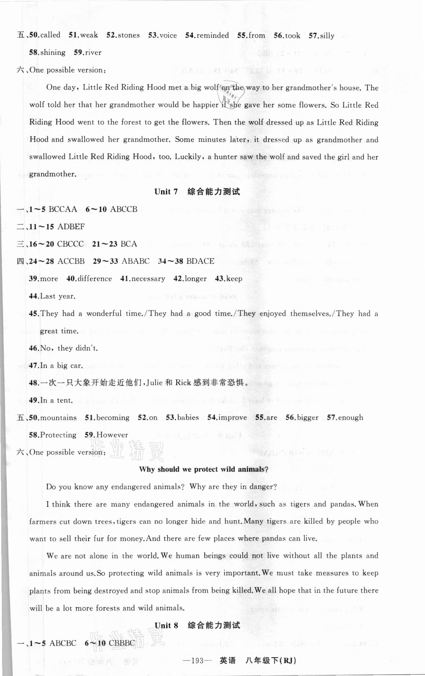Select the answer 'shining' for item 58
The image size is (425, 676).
pyautogui.click(x=53, y=52)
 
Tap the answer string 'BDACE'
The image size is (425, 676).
pyautogui.click(x=200, y=261)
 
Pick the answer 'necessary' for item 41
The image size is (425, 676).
pyautogui.click(x=148, y=279)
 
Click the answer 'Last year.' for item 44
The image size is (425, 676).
pyautogui.click(x=58, y=296)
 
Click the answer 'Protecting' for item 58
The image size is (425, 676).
pyautogui.click(x=58, y=435)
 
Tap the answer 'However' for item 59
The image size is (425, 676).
pyautogui.click(x=112, y=435)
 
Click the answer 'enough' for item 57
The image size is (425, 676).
pyautogui.click(x=350, y=418)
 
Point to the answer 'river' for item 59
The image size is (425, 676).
pyautogui.click(x=93, y=52)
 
